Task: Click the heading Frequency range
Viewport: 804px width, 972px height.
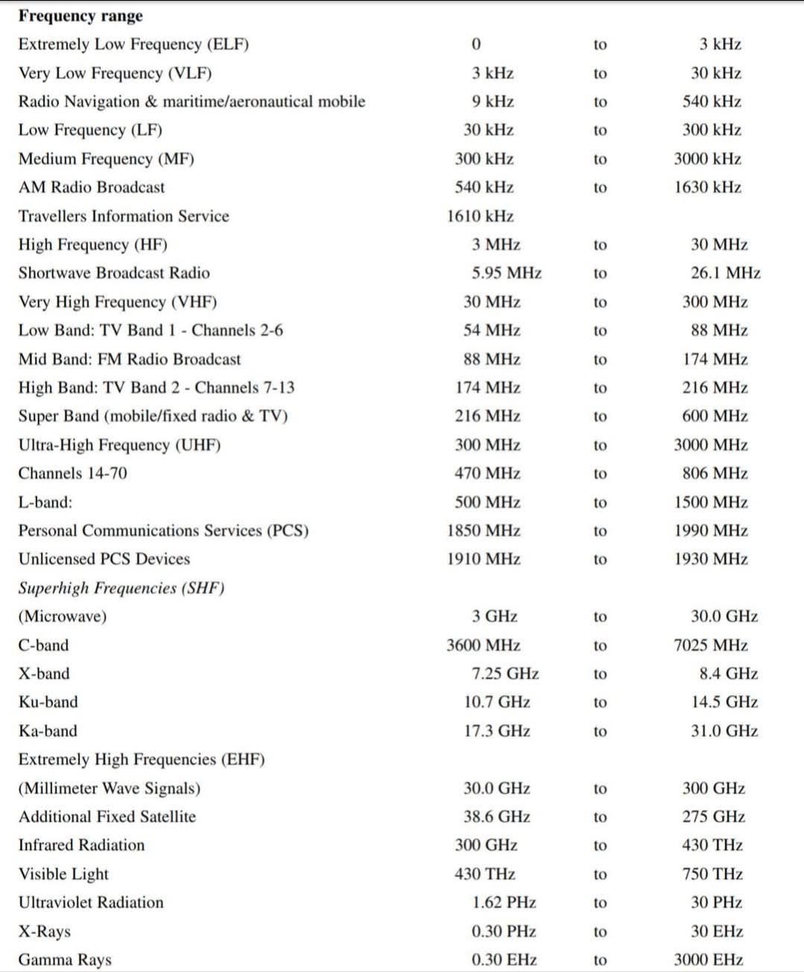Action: [x=80, y=16]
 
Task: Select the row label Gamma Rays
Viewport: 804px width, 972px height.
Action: [x=65, y=959]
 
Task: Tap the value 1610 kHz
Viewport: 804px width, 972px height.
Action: [x=480, y=216]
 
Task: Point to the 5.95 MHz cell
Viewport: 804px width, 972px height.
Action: [x=506, y=273]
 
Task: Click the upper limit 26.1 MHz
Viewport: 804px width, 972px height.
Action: [x=725, y=273]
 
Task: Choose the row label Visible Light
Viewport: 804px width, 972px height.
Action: [x=63, y=874]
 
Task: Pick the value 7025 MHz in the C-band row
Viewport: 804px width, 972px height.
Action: [x=710, y=645]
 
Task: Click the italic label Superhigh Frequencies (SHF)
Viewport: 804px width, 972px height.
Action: [x=121, y=588]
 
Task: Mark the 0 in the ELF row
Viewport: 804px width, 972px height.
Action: [x=476, y=45]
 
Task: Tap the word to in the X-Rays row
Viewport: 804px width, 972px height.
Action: [x=600, y=931]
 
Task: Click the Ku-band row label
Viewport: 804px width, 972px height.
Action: [x=48, y=702]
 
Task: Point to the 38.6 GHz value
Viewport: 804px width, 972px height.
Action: [x=496, y=816]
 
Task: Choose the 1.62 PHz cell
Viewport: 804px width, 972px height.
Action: [x=504, y=903]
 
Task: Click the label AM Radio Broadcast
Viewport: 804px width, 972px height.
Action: [x=92, y=187]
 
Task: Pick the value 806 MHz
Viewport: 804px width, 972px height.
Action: [x=715, y=473]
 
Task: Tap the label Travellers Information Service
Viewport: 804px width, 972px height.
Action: [x=124, y=216]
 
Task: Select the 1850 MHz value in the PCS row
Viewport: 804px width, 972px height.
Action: [x=484, y=530]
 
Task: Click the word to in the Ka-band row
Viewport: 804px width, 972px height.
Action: [x=600, y=731]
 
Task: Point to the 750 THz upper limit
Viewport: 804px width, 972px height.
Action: [x=712, y=874]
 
